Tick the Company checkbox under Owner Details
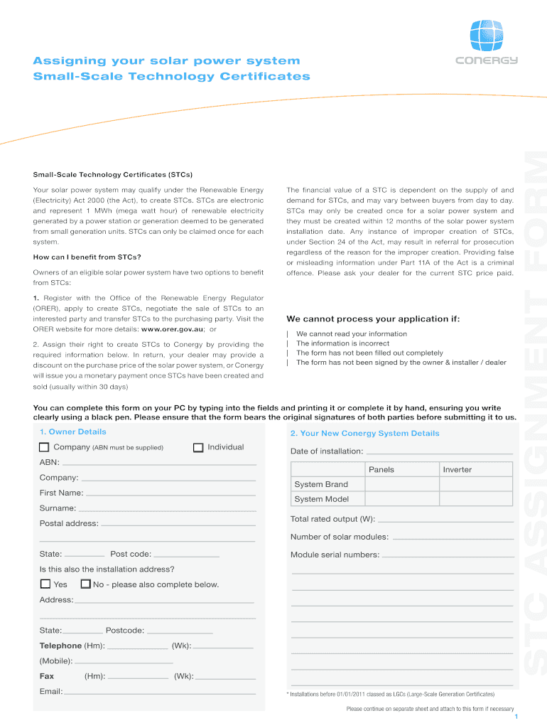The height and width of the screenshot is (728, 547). pyautogui.click(x=44, y=447)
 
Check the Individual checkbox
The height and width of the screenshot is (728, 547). pyautogui.click(x=198, y=447)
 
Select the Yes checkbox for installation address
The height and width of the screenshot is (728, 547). pyautogui.click(x=45, y=584)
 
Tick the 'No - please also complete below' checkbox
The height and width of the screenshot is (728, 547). pyautogui.click(x=86, y=584)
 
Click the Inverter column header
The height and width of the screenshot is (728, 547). pyautogui.click(x=475, y=469)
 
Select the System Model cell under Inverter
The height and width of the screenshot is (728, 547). pyautogui.click(x=475, y=499)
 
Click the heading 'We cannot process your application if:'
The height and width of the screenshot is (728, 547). pyautogui.click(x=372, y=318)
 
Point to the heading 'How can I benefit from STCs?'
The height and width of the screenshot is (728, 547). pyautogui.click(x=87, y=257)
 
